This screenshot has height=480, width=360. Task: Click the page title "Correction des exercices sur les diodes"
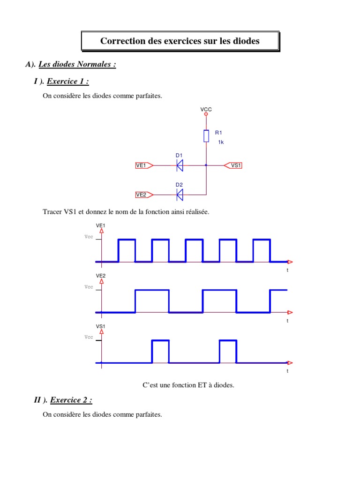180,41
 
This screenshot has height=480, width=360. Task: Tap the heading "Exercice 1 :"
68,82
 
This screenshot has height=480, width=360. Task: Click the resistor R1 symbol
206,136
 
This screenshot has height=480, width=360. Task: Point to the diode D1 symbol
180,165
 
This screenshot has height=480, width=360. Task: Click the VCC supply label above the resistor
206,109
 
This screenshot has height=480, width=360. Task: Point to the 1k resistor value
221,142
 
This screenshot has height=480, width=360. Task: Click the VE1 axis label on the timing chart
101,225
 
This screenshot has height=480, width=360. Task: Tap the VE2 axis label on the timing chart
101,276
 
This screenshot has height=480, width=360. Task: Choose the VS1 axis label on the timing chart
101,326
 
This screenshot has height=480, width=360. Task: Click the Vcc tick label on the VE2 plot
89,287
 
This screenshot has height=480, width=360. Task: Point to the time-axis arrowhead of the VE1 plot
290,262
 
